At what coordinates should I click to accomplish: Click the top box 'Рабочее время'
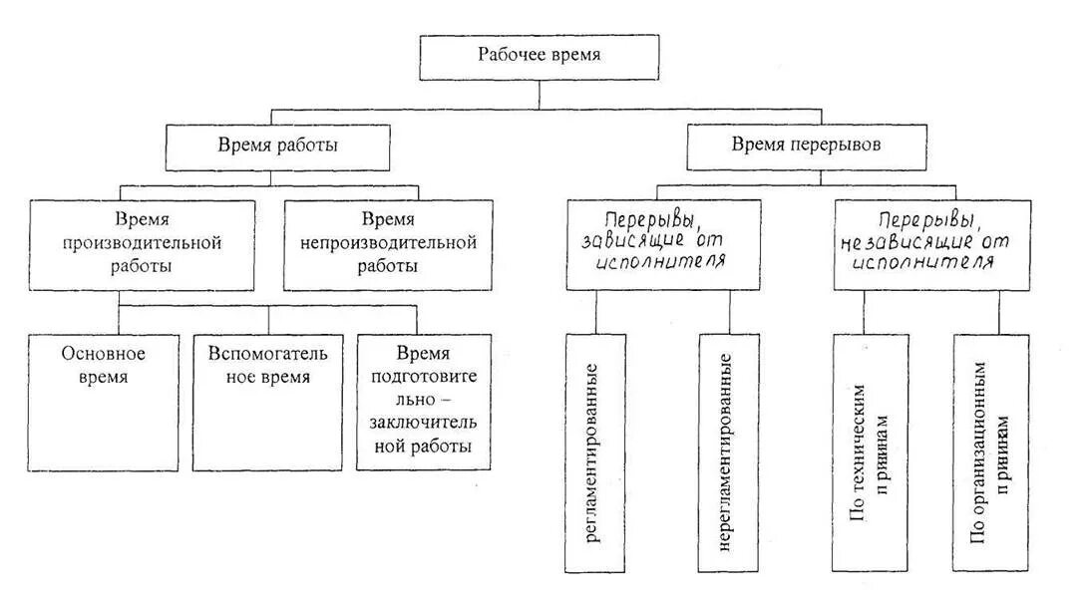pyautogui.click(x=539, y=57)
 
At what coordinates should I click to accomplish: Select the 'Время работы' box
pyautogui.click(x=277, y=146)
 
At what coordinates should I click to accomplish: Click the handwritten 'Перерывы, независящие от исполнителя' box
pyautogui.click(x=931, y=243)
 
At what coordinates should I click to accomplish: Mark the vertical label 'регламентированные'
pyautogui.click(x=594, y=453)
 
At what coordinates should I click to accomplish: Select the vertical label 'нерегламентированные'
pyautogui.click(x=728, y=453)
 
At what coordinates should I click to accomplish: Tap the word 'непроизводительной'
pyautogui.click(x=389, y=242)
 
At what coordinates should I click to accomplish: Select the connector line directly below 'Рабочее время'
pyautogui.click(x=539, y=94)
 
